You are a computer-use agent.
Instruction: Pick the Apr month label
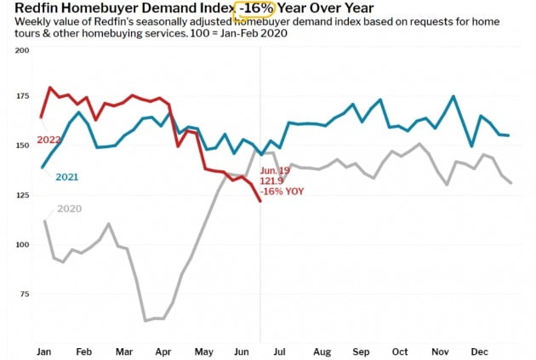pos(163,351)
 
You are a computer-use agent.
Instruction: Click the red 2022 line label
pos(49,140)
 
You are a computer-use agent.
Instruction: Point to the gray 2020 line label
pos(69,209)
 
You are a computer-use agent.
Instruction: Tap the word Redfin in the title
pos(37,9)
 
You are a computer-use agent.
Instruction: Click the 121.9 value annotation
pos(275,180)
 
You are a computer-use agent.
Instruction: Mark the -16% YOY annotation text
pos(282,191)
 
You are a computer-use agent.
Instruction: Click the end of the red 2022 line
pos(260,201)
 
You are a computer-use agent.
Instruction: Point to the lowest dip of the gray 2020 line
pos(146,320)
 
